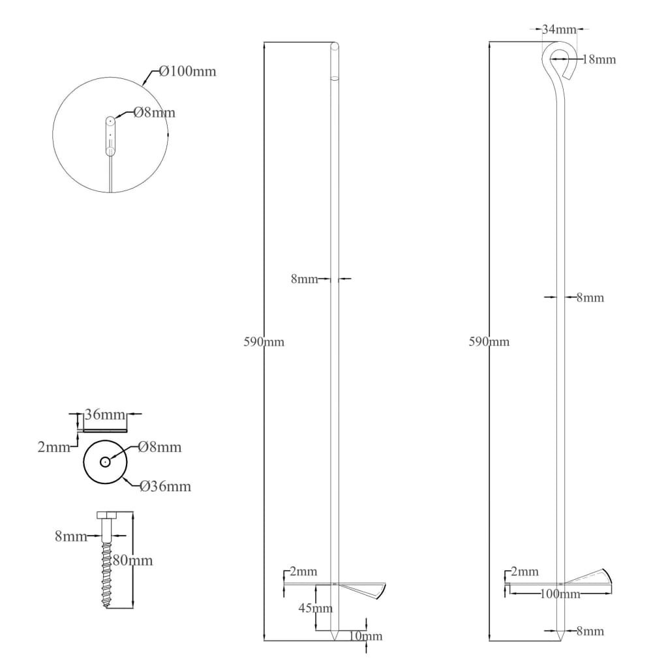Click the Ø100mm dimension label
188,70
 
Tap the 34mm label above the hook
559,29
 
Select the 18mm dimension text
599,59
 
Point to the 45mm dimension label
316,608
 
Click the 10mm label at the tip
365,636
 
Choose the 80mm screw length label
133,560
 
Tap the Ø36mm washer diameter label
165,487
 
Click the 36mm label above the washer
105,414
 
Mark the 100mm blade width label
560,594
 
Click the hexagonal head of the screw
109,515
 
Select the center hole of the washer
105,462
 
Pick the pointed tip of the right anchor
561,640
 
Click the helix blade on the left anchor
361,589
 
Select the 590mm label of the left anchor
264,342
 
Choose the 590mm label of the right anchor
489,342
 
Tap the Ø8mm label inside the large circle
154,112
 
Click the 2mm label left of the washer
54,447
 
